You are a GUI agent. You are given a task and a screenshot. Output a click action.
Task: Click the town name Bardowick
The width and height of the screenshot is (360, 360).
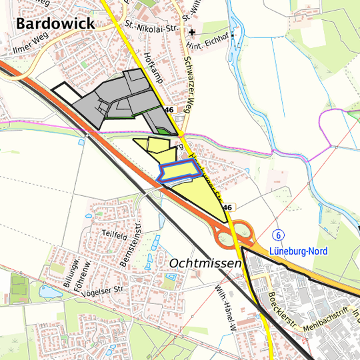(55, 24)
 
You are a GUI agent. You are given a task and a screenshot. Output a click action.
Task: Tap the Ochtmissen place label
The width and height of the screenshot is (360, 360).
(205, 264)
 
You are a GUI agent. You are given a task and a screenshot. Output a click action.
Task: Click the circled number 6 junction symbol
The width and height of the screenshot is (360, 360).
(278, 235)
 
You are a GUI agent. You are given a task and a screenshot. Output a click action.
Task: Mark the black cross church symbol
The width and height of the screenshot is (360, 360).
(191, 31)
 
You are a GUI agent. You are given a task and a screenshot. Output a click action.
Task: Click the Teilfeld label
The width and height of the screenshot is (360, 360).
(115, 236)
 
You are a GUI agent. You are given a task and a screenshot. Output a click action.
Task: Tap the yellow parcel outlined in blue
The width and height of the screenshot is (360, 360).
(179, 173)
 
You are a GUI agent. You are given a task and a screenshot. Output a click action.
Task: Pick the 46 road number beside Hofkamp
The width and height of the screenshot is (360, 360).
(169, 109)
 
